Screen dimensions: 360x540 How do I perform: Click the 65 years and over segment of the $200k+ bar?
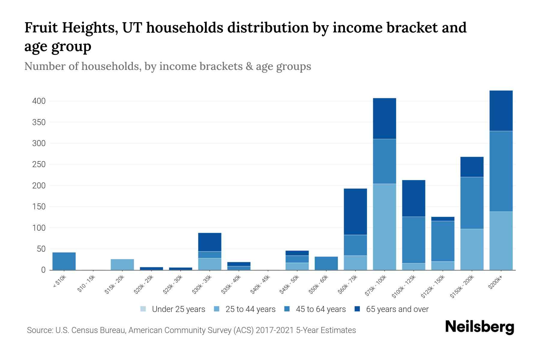coord(501,111)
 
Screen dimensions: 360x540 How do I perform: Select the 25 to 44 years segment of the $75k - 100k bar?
coord(384,227)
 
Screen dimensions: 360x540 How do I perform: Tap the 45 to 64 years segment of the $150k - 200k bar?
coord(472,203)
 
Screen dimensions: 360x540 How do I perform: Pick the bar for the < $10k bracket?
coord(64,261)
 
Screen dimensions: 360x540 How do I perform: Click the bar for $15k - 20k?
coord(122,265)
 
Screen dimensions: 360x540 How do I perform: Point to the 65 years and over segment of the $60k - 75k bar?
coord(355,212)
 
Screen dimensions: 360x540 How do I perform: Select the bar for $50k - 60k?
coord(326,263)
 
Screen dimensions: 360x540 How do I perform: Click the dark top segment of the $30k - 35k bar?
coord(210,242)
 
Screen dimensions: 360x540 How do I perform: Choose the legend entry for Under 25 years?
coord(173,309)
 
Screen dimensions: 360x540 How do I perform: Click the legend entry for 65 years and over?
coord(391,309)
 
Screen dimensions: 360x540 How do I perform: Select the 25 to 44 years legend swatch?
coord(217,309)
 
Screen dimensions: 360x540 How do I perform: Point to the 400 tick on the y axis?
coord(39,101)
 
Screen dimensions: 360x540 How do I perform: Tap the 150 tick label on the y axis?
coord(39,207)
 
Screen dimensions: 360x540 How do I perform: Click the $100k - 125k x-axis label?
coord(404,287)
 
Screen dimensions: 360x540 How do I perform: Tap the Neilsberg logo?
coord(479,327)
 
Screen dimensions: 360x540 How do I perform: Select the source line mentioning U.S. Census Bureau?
coord(191,330)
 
